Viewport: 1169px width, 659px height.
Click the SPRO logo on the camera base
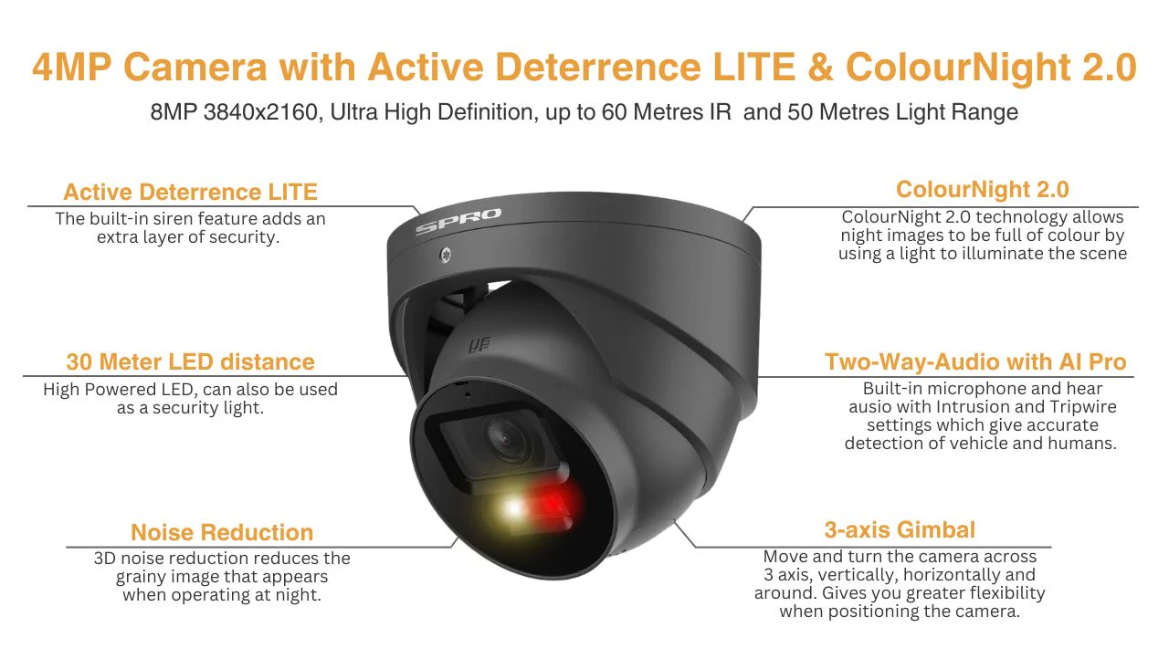(x=458, y=221)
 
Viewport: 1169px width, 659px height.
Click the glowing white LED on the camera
(x=512, y=507)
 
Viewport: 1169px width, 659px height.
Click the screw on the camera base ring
(x=445, y=255)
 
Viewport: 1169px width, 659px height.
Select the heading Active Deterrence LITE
(x=191, y=192)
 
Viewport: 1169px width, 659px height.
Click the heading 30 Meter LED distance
(x=191, y=361)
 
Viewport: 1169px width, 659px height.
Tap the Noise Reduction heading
(x=222, y=532)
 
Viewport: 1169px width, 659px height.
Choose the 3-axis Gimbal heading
(x=900, y=530)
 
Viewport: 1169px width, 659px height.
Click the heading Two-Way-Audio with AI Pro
(x=975, y=361)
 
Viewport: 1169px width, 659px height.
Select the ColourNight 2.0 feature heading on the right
(x=983, y=190)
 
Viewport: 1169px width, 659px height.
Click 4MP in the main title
(x=71, y=67)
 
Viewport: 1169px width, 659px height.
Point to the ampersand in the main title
(x=821, y=67)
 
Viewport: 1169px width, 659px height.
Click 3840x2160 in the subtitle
(x=260, y=112)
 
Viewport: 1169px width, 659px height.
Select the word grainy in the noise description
(x=138, y=577)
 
